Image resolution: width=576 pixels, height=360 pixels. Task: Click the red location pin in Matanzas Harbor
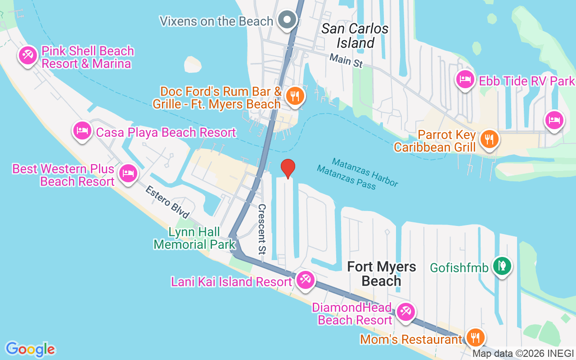pyautogui.click(x=288, y=169)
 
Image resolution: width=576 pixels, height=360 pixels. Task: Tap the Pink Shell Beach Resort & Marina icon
pyautogui.click(x=27, y=56)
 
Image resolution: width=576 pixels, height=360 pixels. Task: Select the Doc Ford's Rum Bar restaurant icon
pyautogui.click(x=295, y=96)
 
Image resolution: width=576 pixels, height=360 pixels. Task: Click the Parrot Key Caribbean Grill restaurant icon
pyautogui.click(x=489, y=139)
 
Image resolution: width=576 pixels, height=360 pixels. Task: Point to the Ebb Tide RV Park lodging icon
pyautogui.click(x=465, y=80)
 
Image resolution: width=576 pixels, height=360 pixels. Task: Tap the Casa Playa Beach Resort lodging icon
pyautogui.click(x=82, y=131)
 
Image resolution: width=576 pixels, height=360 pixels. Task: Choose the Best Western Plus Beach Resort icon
pyautogui.click(x=128, y=173)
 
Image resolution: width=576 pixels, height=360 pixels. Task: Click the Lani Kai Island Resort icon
pyautogui.click(x=306, y=280)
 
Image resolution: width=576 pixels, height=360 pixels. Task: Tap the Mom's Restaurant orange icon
pyautogui.click(x=474, y=337)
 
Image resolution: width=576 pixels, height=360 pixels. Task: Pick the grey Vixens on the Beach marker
pyautogui.click(x=287, y=20)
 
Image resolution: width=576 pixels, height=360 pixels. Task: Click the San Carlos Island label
pyautogui.click(x=355, y=36)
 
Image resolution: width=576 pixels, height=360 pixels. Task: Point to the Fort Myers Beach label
pyautogui.click(x=382, y=274)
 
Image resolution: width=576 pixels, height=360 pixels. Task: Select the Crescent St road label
pyautogui.click(x=262, y=229)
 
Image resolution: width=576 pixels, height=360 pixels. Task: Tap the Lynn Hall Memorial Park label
pyautogui.click(x=194, y=238)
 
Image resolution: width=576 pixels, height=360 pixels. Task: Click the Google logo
pyautogui.click(x=30, y=349)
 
